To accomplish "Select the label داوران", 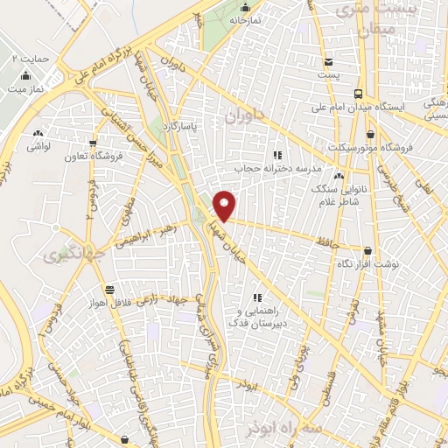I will coord(242,115).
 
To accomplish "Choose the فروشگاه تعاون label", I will coord(92,157).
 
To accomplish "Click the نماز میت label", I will coord(24,89).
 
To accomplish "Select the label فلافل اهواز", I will coord(108,302).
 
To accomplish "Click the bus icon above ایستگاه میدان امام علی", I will coord(359,94).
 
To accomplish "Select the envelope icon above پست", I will coord(328,62).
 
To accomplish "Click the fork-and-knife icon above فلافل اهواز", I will coord(108,289).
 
